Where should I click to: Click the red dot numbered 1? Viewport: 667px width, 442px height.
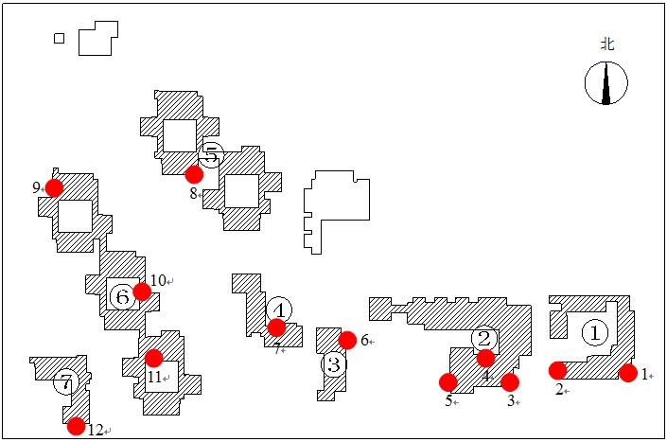tap(628, 373)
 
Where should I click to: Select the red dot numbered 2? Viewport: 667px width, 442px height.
tap(558, 370)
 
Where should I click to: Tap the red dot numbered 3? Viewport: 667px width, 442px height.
tap(510, 382)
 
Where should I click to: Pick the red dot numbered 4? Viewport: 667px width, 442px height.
tap(485, 358)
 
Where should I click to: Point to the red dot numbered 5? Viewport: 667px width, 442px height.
tap(448, 382)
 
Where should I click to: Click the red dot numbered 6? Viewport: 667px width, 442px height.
tap(347, 340)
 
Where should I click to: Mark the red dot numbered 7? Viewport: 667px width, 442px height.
tap(276, 327)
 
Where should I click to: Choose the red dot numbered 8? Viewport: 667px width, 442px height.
tap(194, 174)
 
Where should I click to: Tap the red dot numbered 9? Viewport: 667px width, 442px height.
tap(54, 187)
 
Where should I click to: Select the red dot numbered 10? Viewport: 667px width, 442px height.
tap(142, 292)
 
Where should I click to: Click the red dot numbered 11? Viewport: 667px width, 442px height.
tap(153, 358)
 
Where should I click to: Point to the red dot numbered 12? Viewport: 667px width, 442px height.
tap(77, 426)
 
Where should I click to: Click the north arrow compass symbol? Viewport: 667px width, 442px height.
tap(606, 82)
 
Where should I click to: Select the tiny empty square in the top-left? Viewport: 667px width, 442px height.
tap(60, 38)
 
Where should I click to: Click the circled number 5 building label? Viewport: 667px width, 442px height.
tap(211, 153)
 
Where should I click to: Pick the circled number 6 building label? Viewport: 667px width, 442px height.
tap(121, 296)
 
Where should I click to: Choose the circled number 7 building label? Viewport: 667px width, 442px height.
tap(64, 382)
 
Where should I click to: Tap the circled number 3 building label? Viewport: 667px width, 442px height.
tap(333, 364)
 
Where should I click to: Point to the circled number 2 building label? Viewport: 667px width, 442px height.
tap(484, 338)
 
